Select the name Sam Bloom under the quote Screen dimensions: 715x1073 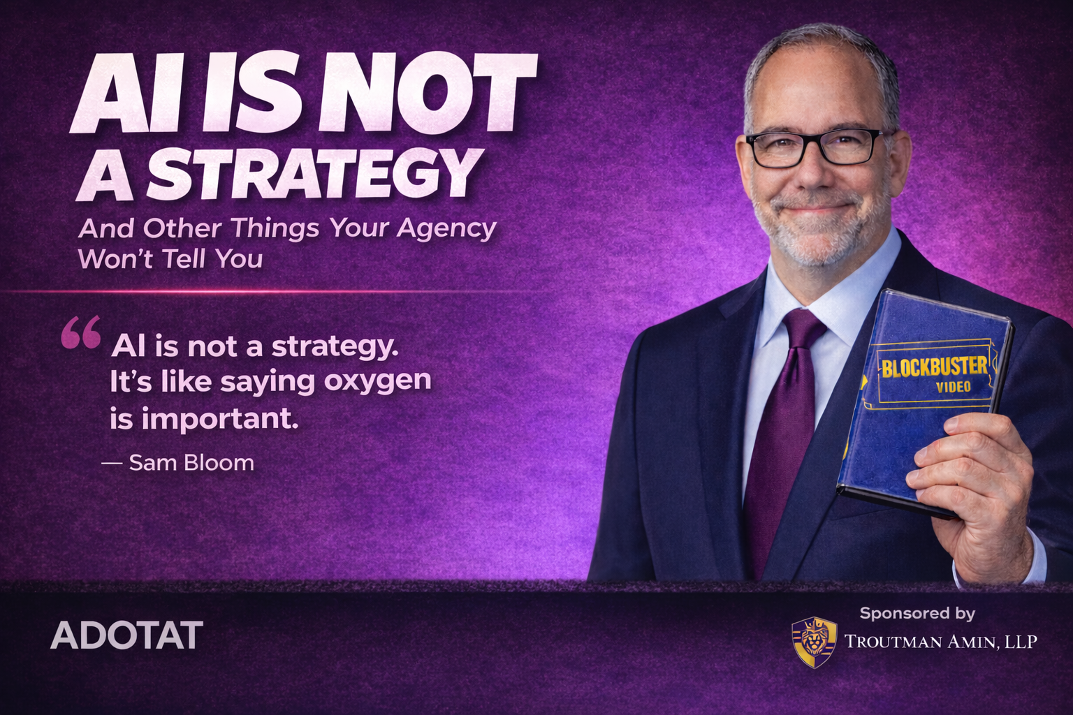point(191,462)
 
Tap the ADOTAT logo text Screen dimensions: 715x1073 point(126,635)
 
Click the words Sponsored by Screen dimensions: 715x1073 point(917,613)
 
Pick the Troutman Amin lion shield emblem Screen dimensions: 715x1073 point(814,642)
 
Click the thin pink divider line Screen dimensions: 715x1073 point(279,291)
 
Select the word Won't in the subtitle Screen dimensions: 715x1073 point(115,259)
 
